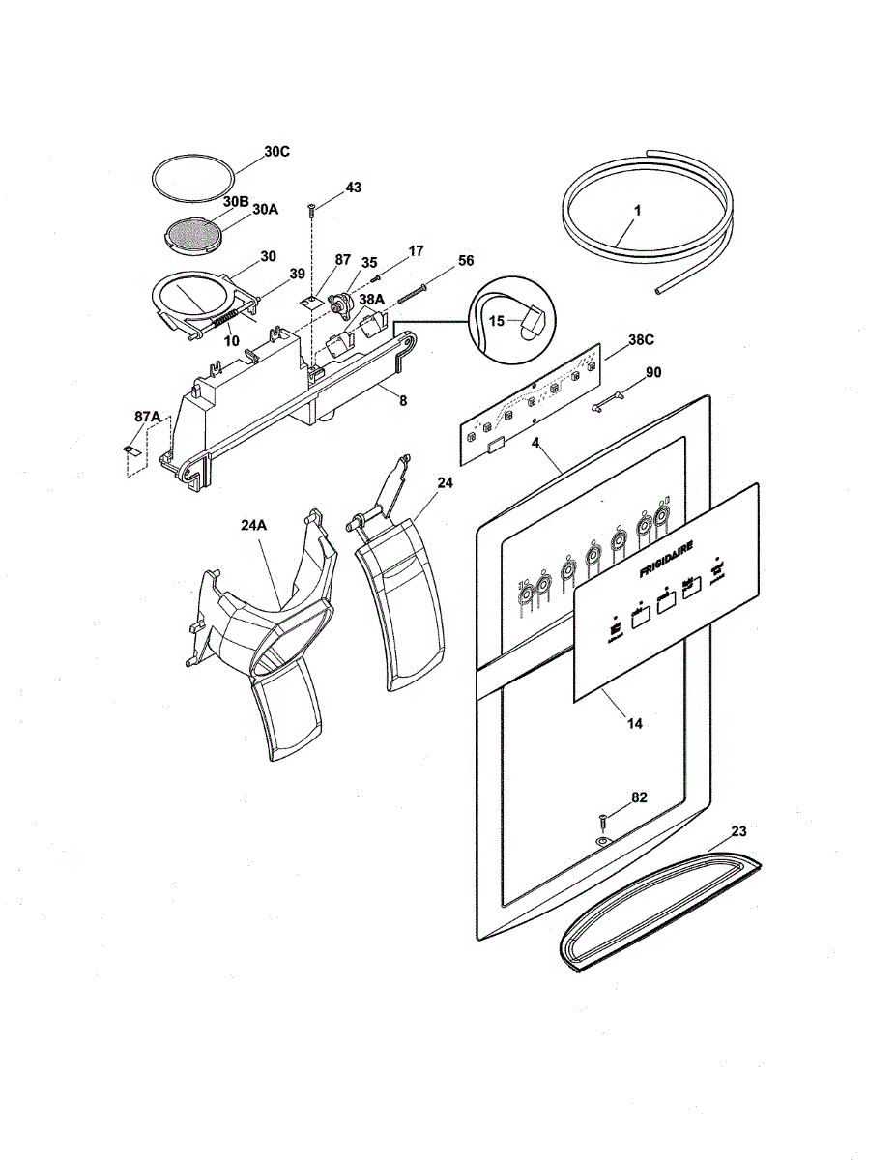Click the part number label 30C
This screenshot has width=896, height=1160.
pyautogui.click(x=276, y=152)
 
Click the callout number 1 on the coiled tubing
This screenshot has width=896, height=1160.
pyautogui.click(x=637, y=209)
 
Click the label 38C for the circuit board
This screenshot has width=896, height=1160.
pyautogui.click(x=642, y=339)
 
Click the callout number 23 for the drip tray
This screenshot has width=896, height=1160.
pyautogui.click(x=738, y=830)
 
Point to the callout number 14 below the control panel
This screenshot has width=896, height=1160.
pyautogui.click(x=632, y=721)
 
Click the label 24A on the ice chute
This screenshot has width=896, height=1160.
pyautogui.click(x=254, y=526)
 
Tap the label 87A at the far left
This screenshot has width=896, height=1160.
pyautogui.click(x=148, y=416)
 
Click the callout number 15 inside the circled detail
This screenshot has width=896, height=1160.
pyautogui.click(x=497, y=321)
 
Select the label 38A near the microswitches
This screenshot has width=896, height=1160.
pyautogui.click(x=372, y=300)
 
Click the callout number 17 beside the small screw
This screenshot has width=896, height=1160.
pyautogui.click(x=416, y=250)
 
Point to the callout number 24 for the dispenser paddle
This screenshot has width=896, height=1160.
pyautogui.click(x=445, y=481)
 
